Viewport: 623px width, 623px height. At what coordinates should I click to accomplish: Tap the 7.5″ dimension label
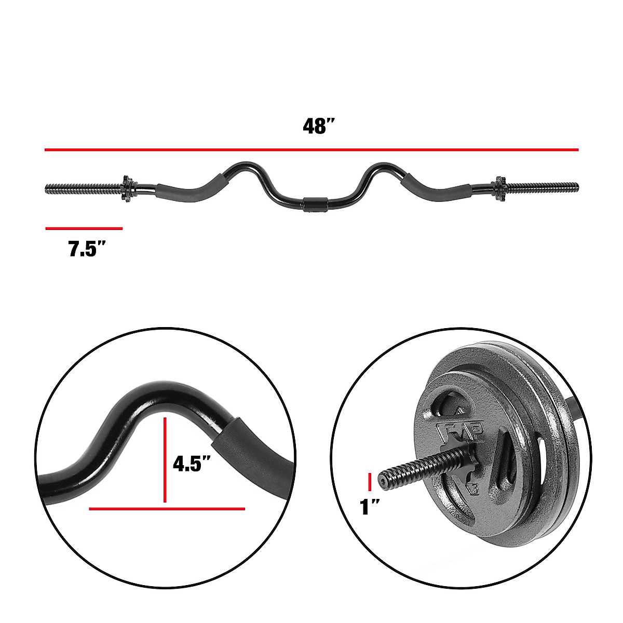[x=87, y=250]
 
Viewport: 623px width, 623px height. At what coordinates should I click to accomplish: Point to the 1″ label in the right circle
[x=369, y=506]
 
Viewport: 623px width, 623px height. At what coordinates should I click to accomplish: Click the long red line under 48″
[x=311, y=150]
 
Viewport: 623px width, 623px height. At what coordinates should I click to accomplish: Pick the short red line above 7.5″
[x=84, y=228]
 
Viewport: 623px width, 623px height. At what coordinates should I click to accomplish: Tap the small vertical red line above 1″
[x=370, y=482]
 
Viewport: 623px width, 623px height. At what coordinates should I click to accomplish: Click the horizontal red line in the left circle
[x=167, y=509]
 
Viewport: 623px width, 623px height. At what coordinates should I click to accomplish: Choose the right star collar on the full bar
[x=499, y=186]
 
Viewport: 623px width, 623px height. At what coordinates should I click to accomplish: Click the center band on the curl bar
[x=315, y=204]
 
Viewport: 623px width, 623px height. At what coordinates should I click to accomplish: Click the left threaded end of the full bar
[x=83, y=187]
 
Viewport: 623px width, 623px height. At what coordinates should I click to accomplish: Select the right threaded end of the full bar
[x=543, y=186]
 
